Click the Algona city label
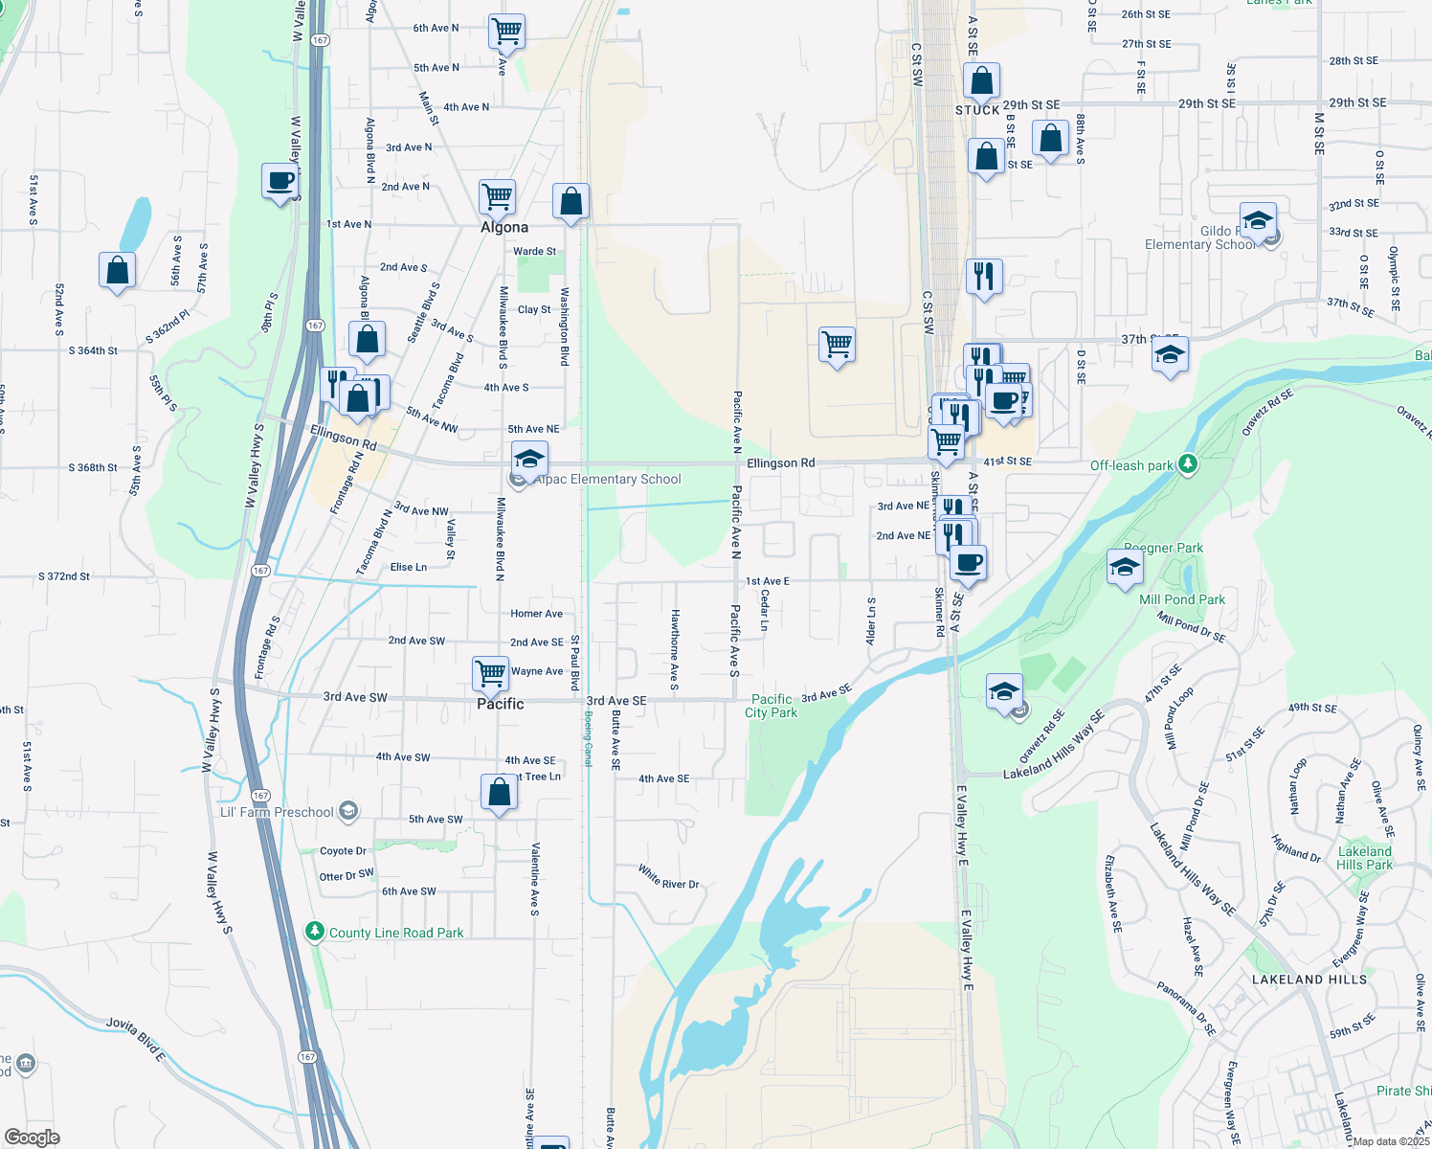click(504, 227)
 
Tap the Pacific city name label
click(501, 704)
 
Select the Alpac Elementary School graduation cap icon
click(529, 459)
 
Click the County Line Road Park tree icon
click(314, 931)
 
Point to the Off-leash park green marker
click(1187, 464)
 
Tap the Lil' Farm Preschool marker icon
click(348, 811)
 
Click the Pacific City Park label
click(772, 706)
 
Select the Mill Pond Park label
click(1182, 599)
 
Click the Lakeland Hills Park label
click(1365, 858)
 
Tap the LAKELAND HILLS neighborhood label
click(1309, 980)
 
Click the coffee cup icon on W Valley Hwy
click(280, 180)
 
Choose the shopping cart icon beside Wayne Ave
click(490, 672)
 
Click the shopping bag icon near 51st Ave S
click(117, 271)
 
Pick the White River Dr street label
click(669, 877)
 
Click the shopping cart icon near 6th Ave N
click(506, 31)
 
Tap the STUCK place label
click(977, 110)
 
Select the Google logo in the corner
click(32, 1138)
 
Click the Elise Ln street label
click(409, 567)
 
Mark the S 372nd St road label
click(64, 576)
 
